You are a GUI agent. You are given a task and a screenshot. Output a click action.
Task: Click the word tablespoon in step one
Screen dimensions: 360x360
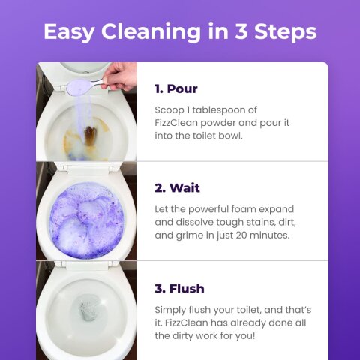pos(224,110)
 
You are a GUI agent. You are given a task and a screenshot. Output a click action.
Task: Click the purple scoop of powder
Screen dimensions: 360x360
pos(79,86)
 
